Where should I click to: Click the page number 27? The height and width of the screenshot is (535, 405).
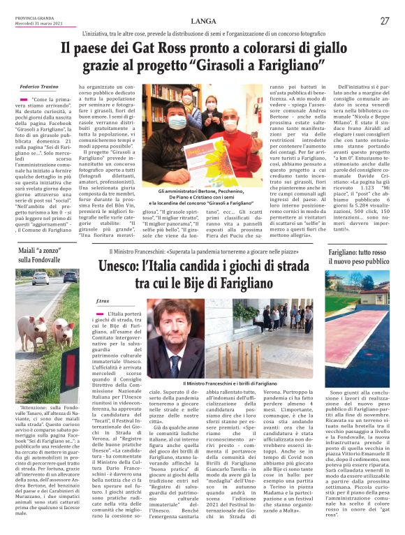(385, 22)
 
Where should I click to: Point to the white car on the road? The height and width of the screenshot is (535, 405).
(40, 279)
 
